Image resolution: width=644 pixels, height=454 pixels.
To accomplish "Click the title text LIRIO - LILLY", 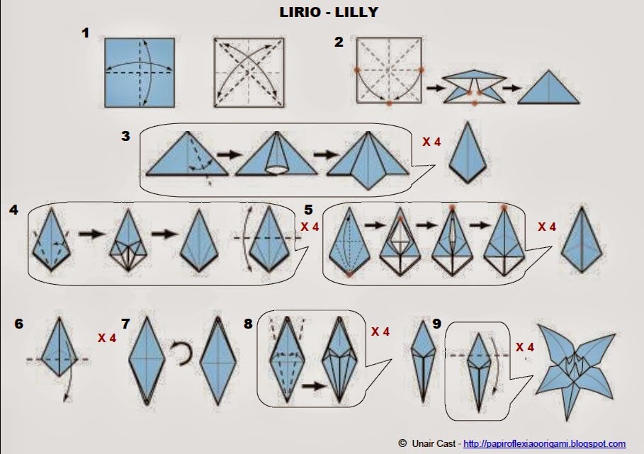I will point(322,13).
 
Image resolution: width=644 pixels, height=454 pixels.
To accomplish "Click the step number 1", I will point(85,33).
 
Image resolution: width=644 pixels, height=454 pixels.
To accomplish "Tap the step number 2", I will point(339,42).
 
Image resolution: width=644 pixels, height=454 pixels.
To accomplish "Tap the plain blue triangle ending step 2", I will point(549,89).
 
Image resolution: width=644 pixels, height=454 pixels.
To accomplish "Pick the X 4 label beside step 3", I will point(431,142).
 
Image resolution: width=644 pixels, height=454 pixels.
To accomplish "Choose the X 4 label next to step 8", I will point(380,331).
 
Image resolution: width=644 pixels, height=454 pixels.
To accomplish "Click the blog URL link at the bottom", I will point(544,444).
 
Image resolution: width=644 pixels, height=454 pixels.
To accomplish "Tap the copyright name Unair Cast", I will point(434,444).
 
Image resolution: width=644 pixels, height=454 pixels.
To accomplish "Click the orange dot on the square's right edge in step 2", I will point(421,69).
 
